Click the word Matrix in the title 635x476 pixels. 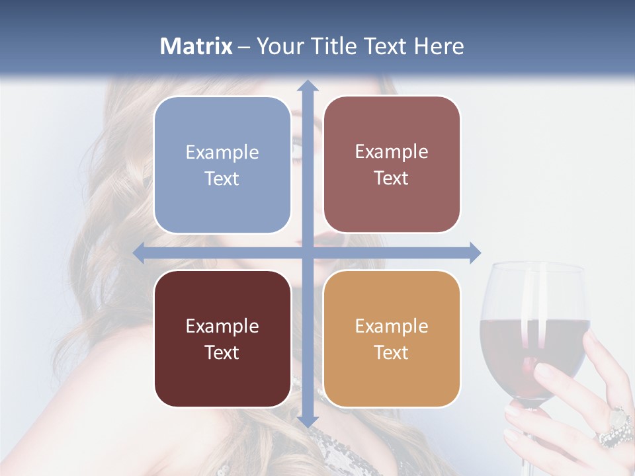tap(196, 46)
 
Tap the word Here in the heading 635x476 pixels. tap(439, 46)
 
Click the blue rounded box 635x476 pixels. tap(222, 165)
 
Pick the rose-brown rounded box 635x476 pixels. tap(392, 165)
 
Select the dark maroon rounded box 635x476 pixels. tap(222, 338)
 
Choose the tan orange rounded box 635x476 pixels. tap(392, 338)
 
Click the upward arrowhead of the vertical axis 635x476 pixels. tap(307, 87)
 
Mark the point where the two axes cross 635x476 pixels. tap(307, 253)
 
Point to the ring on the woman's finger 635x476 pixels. tap(616, 426)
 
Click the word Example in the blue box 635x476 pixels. tap(222, 152)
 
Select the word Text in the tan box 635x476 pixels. tap(392, 352)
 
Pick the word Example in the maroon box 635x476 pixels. tap(222, 326)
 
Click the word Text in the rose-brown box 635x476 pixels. tap(392, 178)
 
